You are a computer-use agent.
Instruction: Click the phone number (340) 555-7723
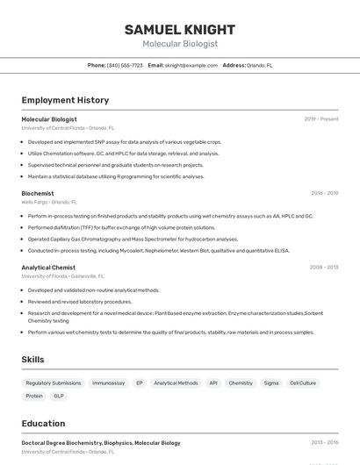(x=125, y=65)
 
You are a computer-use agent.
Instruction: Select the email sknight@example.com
(x=191, y=65)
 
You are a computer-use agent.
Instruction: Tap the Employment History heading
(x=65, y=100)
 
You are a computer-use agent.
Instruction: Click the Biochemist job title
(x=38, y=193)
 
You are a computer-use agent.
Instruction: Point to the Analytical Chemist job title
(x=48, y=268)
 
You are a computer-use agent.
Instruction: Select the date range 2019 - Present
(x=321, y=119)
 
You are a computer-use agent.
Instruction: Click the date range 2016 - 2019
(x=324, y=193)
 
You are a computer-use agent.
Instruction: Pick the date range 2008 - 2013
(x=324, y=268)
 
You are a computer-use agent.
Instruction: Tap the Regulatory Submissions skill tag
(x=54, y=383)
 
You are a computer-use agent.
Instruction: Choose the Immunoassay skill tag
(x=109, y=383)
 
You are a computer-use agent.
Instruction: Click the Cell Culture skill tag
(x=303, y=383)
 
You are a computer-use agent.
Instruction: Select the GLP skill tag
(x=59, y=396)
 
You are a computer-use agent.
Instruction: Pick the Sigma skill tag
(x=271, y=383)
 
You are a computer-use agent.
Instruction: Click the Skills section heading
(x=32, y=360)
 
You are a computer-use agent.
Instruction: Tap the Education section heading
(x=43, y=423)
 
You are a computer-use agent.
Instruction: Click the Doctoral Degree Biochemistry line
(x=101, y=443)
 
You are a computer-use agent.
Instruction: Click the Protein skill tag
(x=34, y=396)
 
